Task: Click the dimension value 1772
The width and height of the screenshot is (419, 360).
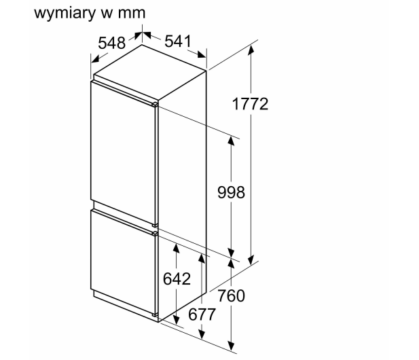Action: (250, 104)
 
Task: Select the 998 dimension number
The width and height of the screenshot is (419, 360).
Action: (231, 192)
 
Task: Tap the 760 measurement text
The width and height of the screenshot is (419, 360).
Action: (231, 296)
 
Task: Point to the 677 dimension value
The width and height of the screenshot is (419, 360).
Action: (202, 314)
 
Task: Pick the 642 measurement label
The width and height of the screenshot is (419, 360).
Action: (177, 278)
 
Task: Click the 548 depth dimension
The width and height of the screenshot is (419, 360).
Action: (111, 43)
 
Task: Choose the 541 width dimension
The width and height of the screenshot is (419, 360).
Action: (178, 41)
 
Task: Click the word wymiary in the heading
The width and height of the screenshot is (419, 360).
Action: (65, 13)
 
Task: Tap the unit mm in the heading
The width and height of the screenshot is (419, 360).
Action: (132, 14)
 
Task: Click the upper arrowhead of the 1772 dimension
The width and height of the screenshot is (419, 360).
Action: (251, 50)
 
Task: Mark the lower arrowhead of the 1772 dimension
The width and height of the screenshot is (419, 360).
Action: (251, 260)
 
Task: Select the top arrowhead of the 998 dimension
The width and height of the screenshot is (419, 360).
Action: (231, 141)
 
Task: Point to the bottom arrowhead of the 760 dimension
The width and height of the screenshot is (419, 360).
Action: (231, 346)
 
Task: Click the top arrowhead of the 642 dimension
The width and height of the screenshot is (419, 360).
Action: (176, 249)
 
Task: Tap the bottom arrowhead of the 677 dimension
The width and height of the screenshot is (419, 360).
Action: (202, 334)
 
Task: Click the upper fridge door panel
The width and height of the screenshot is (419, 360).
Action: (123, 151)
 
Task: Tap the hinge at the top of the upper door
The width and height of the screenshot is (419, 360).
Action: (155, 104)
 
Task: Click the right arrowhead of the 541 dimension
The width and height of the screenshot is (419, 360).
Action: (202, 54)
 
